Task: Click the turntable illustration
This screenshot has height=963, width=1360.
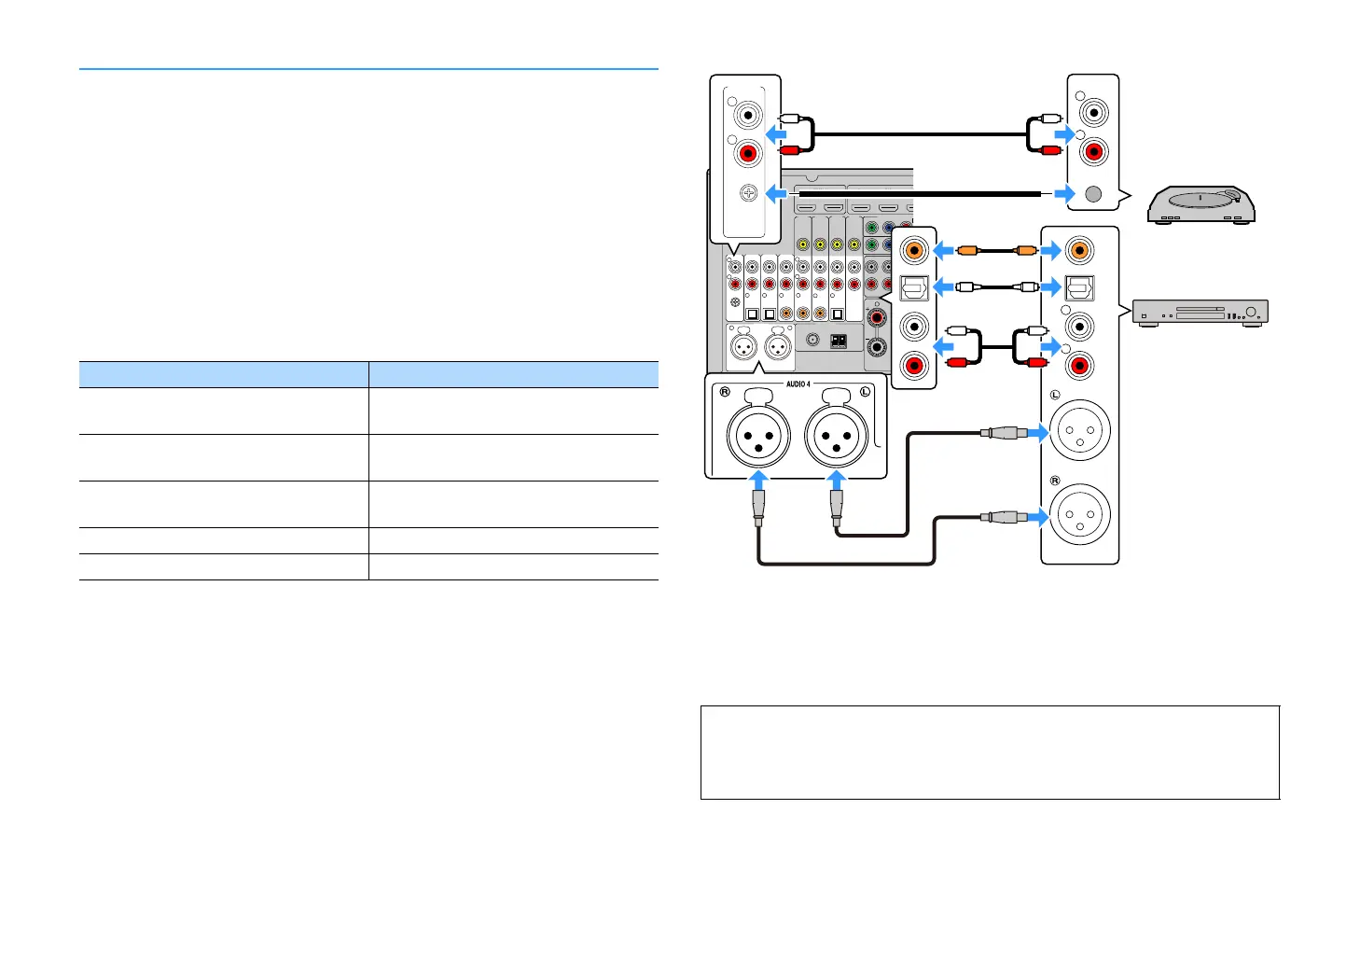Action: [1200, 205]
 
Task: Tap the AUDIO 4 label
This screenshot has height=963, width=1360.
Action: [798, 384]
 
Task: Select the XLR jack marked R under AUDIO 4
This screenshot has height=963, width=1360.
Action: [758, 435]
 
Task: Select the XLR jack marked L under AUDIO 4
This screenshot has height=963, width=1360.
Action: [837, 435]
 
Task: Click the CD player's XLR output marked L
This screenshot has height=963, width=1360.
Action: [1079, 432]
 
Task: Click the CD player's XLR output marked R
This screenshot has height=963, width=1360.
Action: [1079, 515]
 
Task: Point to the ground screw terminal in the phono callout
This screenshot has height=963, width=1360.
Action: [747, 194]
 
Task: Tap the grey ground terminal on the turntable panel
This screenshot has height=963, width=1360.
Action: [1093, 194]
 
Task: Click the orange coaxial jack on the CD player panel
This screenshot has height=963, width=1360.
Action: [1079, 249]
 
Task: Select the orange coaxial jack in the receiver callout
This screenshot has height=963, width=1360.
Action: [914, 249]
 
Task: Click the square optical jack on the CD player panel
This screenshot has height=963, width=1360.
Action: [1079, 287]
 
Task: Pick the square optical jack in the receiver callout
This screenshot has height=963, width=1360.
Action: [914, 287]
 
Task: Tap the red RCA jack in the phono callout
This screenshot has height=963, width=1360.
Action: [747, 152]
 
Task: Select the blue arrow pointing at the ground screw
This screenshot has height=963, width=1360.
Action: [776, 194]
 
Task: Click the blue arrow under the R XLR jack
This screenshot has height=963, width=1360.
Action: [759, 481]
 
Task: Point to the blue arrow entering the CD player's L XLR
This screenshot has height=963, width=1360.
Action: [1036, 432]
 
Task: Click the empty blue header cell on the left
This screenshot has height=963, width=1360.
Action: [223, 374]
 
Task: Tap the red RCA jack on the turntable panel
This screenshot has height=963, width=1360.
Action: [1092, 150]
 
